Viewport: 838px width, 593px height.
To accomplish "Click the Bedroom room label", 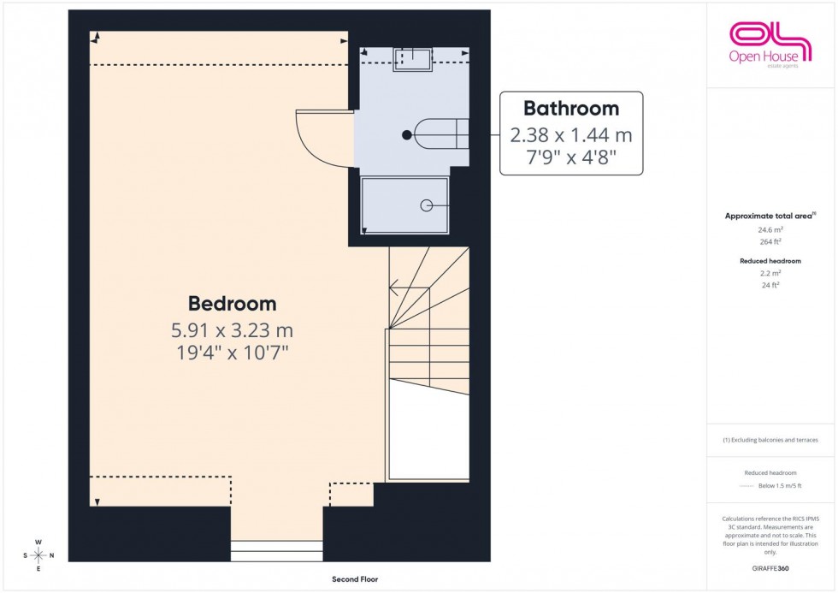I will coord(233,303).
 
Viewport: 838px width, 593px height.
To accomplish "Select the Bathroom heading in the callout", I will coord(571,109).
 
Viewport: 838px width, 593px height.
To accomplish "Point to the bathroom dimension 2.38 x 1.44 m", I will coord(571,134).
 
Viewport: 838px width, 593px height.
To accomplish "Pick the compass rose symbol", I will coord(38,554).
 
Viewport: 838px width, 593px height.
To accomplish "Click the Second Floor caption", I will coord(355,579).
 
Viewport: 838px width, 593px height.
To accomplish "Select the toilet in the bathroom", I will coord(441,134).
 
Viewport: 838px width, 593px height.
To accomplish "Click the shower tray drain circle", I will coord(426,205).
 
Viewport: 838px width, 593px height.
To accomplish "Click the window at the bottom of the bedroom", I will coord(277,550).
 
